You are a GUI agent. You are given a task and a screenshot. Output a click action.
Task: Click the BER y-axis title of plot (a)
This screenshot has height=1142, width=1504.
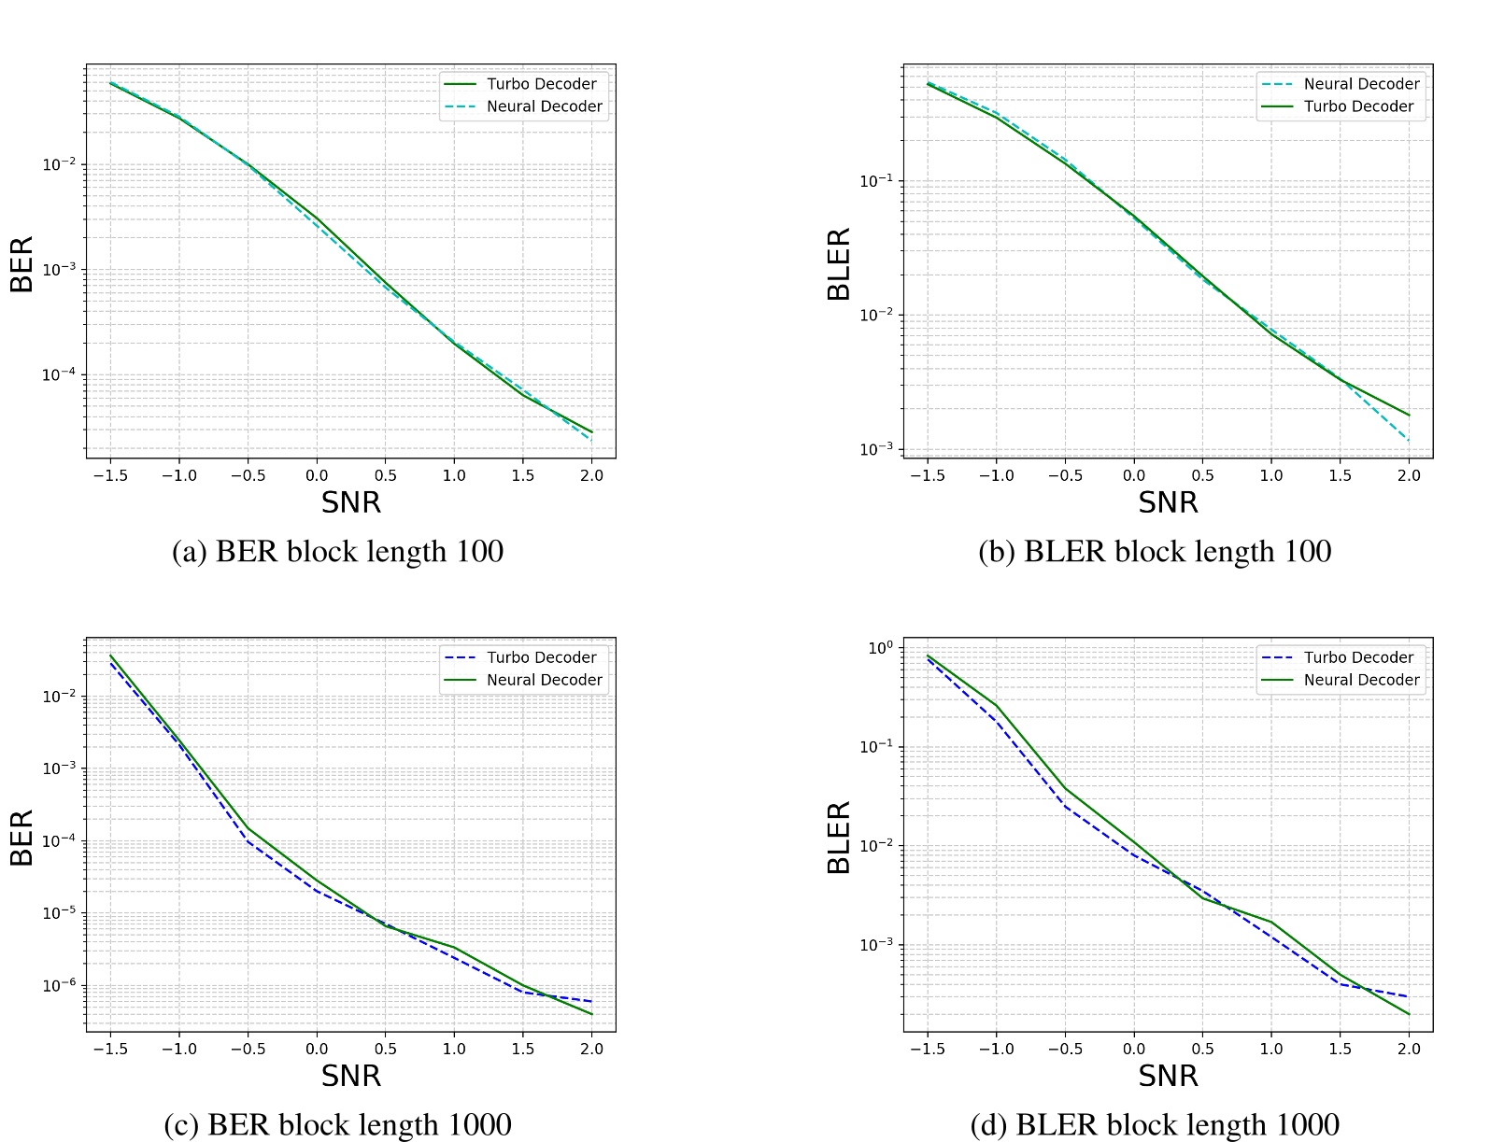tap(21, 264)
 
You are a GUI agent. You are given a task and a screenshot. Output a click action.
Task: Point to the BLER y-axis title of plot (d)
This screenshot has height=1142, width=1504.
tap(839, 838)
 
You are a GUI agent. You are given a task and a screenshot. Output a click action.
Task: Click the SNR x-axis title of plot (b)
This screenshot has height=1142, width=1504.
tap(1168, 502)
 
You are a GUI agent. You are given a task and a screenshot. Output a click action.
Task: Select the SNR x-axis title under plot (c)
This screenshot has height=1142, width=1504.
tap(351, 1076)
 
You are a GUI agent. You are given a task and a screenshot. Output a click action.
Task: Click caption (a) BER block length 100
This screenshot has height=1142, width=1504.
tap(337, 551)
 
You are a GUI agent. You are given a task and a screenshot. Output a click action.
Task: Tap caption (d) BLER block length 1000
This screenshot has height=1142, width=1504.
tap(1155, 1124)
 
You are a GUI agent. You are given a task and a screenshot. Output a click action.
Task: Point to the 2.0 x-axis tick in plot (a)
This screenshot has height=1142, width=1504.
tap(591, 475)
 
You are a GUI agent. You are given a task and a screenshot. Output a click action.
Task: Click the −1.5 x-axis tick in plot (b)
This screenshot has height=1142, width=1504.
tap(927, 475)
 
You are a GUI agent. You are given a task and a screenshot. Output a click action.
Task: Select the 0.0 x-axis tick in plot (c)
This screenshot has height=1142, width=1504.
tap(317, 1049)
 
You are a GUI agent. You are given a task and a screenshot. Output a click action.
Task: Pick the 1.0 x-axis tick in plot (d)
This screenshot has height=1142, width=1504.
tap(1271, 1049)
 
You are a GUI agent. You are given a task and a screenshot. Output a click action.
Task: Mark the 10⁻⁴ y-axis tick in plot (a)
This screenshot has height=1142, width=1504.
tap(58, 374)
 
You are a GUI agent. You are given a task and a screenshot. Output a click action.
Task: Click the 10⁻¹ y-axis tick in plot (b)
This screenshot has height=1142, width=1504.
tap(875, 180)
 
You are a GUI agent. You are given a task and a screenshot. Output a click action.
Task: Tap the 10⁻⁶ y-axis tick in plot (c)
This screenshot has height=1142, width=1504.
tap(58, 985)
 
